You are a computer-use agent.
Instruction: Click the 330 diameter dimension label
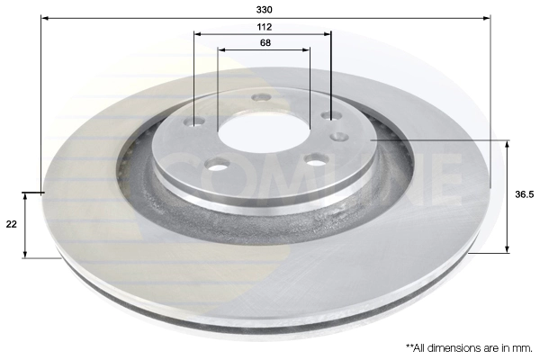264,9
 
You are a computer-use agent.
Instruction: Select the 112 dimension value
264,27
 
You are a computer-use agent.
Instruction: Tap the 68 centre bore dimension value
265,42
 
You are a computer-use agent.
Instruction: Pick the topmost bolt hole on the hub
261,97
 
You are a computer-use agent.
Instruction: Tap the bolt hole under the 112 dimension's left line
197,122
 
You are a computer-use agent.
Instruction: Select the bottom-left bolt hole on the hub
216,164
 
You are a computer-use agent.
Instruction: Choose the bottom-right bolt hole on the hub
315,158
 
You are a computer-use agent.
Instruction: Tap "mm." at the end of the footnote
523,346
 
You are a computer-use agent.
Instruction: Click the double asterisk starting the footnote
410,346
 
